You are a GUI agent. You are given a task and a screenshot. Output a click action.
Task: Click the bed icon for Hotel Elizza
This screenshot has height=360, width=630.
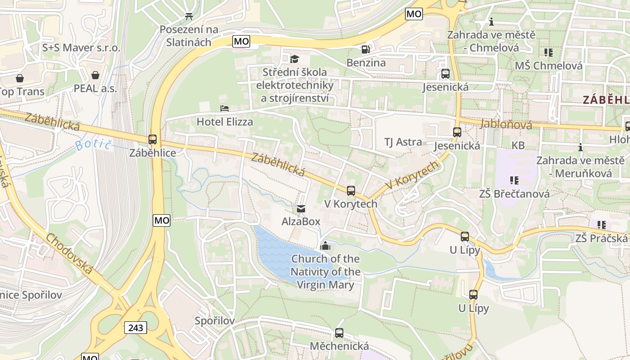pos(224,108)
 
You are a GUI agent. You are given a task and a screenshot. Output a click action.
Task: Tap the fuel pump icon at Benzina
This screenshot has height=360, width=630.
pos(366,49)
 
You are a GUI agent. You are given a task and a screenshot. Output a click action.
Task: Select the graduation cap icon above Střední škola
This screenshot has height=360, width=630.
pos(294,59)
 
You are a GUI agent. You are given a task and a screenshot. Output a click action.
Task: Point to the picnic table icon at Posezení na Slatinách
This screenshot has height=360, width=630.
pos(189,17)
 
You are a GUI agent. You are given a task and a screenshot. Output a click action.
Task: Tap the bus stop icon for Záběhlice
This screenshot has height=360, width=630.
pos(153,139)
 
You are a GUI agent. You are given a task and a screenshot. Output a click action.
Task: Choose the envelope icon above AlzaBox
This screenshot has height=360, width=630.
pos(301,209)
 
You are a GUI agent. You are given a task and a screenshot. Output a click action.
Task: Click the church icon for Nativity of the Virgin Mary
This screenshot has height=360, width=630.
pos(325,246)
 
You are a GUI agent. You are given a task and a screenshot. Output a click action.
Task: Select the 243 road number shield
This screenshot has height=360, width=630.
pos(135,328)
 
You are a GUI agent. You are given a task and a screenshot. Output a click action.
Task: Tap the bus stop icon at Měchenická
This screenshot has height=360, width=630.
pos(339,333)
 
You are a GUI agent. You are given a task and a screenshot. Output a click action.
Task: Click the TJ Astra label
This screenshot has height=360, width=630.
pos(403,142)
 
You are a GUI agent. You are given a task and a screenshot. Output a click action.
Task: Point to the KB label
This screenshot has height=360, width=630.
pos(518,145)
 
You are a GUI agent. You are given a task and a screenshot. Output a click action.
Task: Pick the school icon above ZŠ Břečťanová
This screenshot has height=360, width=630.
pos(514,180)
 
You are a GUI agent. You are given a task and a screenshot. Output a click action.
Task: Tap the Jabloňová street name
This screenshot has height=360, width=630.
pos(506,124)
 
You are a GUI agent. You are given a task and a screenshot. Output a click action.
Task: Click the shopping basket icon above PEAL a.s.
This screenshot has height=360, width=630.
pos(95,75)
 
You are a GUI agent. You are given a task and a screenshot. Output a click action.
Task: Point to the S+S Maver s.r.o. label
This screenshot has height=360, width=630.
pos(81,48)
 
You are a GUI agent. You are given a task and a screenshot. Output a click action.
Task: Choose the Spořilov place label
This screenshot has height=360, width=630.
pos(215,321)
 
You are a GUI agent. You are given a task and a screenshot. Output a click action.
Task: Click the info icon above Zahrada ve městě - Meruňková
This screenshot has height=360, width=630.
pos(580,147)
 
